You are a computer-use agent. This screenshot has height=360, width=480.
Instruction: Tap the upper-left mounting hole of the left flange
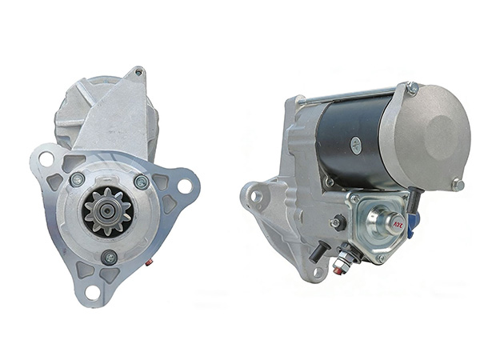click(46, 159)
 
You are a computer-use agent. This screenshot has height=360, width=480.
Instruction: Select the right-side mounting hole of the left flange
click(185, 187)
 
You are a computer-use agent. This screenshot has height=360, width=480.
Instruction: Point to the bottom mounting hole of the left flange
click(93, 292)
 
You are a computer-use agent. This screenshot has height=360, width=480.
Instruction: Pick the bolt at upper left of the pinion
click(78, 180)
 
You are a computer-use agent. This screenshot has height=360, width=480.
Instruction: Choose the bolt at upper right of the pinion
click(142, 182)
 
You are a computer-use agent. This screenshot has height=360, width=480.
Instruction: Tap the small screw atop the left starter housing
click(138, 72)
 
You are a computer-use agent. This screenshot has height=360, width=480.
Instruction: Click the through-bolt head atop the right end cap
click(411, 88)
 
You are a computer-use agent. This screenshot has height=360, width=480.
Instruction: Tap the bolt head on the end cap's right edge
click(458, 184)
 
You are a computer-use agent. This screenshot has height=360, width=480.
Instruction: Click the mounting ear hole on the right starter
click(256, 195)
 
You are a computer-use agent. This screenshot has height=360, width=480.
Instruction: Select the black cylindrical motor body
click(352, 144)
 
